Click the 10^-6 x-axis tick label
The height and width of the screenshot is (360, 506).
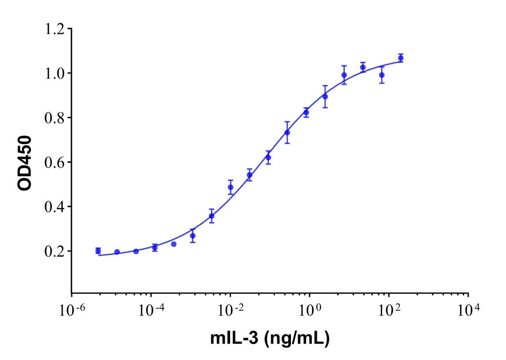72,311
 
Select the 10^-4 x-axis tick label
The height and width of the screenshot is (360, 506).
151,311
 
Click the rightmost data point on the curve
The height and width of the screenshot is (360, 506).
401,58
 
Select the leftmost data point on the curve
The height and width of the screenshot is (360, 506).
98,251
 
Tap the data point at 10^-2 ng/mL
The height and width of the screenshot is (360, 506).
231,187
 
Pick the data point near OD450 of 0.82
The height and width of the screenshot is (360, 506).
306,112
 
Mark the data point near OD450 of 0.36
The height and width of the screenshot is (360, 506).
212,216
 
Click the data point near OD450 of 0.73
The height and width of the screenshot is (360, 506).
287,132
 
